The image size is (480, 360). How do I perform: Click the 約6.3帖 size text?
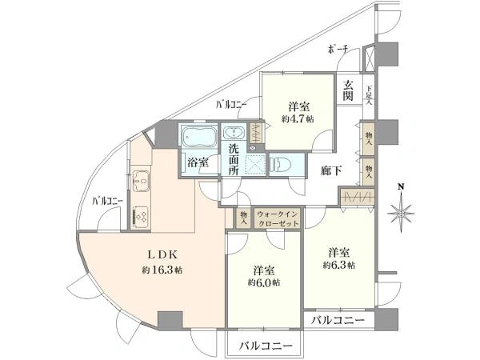coord(339,265)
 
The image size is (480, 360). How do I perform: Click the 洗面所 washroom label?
coord(234,159)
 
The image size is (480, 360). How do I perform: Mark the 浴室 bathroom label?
coord(198,162)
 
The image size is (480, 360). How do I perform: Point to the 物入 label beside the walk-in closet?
coord(243,217)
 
